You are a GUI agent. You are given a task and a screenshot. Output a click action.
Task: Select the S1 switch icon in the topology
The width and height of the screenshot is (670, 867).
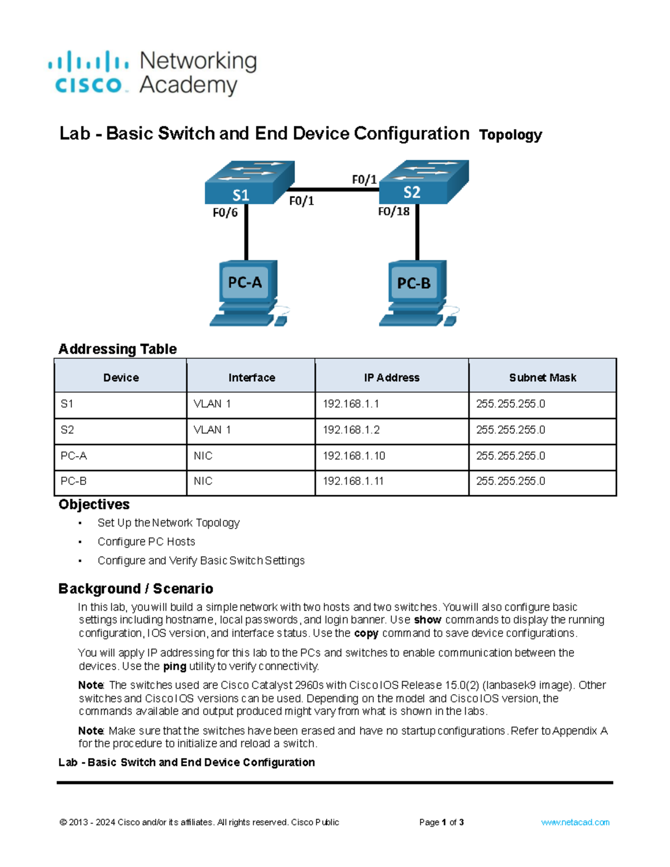[249, 183]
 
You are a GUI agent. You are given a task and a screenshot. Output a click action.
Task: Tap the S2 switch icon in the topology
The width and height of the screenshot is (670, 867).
[423, 183]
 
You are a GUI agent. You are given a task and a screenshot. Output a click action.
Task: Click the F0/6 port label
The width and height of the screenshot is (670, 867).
[225, 213]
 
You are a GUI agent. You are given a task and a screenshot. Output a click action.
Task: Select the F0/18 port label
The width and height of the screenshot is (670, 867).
[394, 212]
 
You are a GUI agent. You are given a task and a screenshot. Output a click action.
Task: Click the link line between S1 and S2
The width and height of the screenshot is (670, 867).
[335, 190]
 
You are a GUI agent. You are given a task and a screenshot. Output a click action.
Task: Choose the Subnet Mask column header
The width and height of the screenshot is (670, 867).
[542, 377]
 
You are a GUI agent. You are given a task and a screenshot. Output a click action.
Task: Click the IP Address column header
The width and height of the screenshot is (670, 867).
[391, 377]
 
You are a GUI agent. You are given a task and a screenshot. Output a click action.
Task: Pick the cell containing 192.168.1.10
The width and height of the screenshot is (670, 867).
[354, 456]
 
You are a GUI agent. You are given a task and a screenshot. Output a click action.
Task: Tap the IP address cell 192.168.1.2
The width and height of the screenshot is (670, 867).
[351, 430]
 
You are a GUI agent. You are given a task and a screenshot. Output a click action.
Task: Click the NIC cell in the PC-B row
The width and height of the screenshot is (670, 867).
[203, 481]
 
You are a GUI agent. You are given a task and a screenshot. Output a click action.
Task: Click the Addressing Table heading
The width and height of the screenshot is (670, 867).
[118, 349]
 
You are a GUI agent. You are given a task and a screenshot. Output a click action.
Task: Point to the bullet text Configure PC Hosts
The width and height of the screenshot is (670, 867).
[146, 542]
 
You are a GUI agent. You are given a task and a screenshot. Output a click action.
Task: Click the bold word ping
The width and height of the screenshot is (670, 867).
[174, 666]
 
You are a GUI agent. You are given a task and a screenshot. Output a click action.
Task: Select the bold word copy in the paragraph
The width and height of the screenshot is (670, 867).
[366, 633]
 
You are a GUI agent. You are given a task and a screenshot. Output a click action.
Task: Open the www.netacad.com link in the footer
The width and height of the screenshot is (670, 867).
[575, 822]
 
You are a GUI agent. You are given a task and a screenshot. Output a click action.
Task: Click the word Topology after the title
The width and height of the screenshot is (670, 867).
[510, 135]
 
